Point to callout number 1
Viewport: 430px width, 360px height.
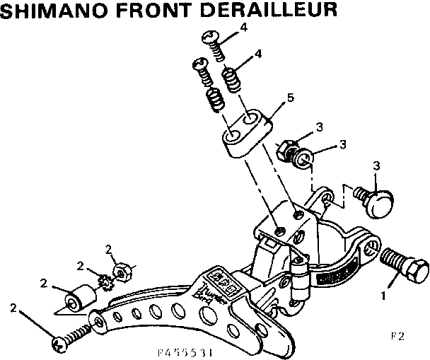385,296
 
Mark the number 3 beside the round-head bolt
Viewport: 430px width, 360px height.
376,166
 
